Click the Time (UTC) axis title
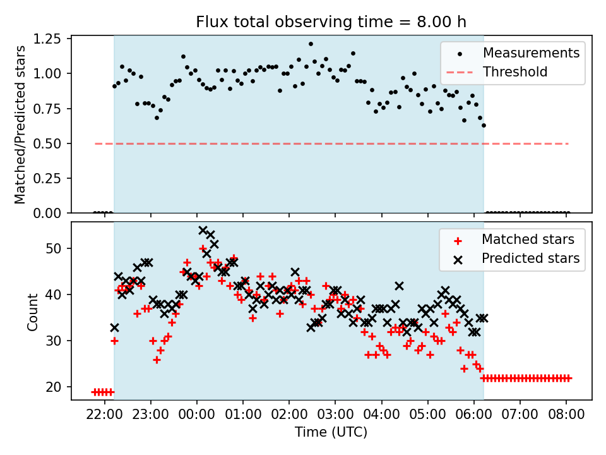pos(331,432)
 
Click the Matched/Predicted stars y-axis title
pos(20,124)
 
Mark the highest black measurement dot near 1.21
pos(311,44)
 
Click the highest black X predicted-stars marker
pos(203,230)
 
